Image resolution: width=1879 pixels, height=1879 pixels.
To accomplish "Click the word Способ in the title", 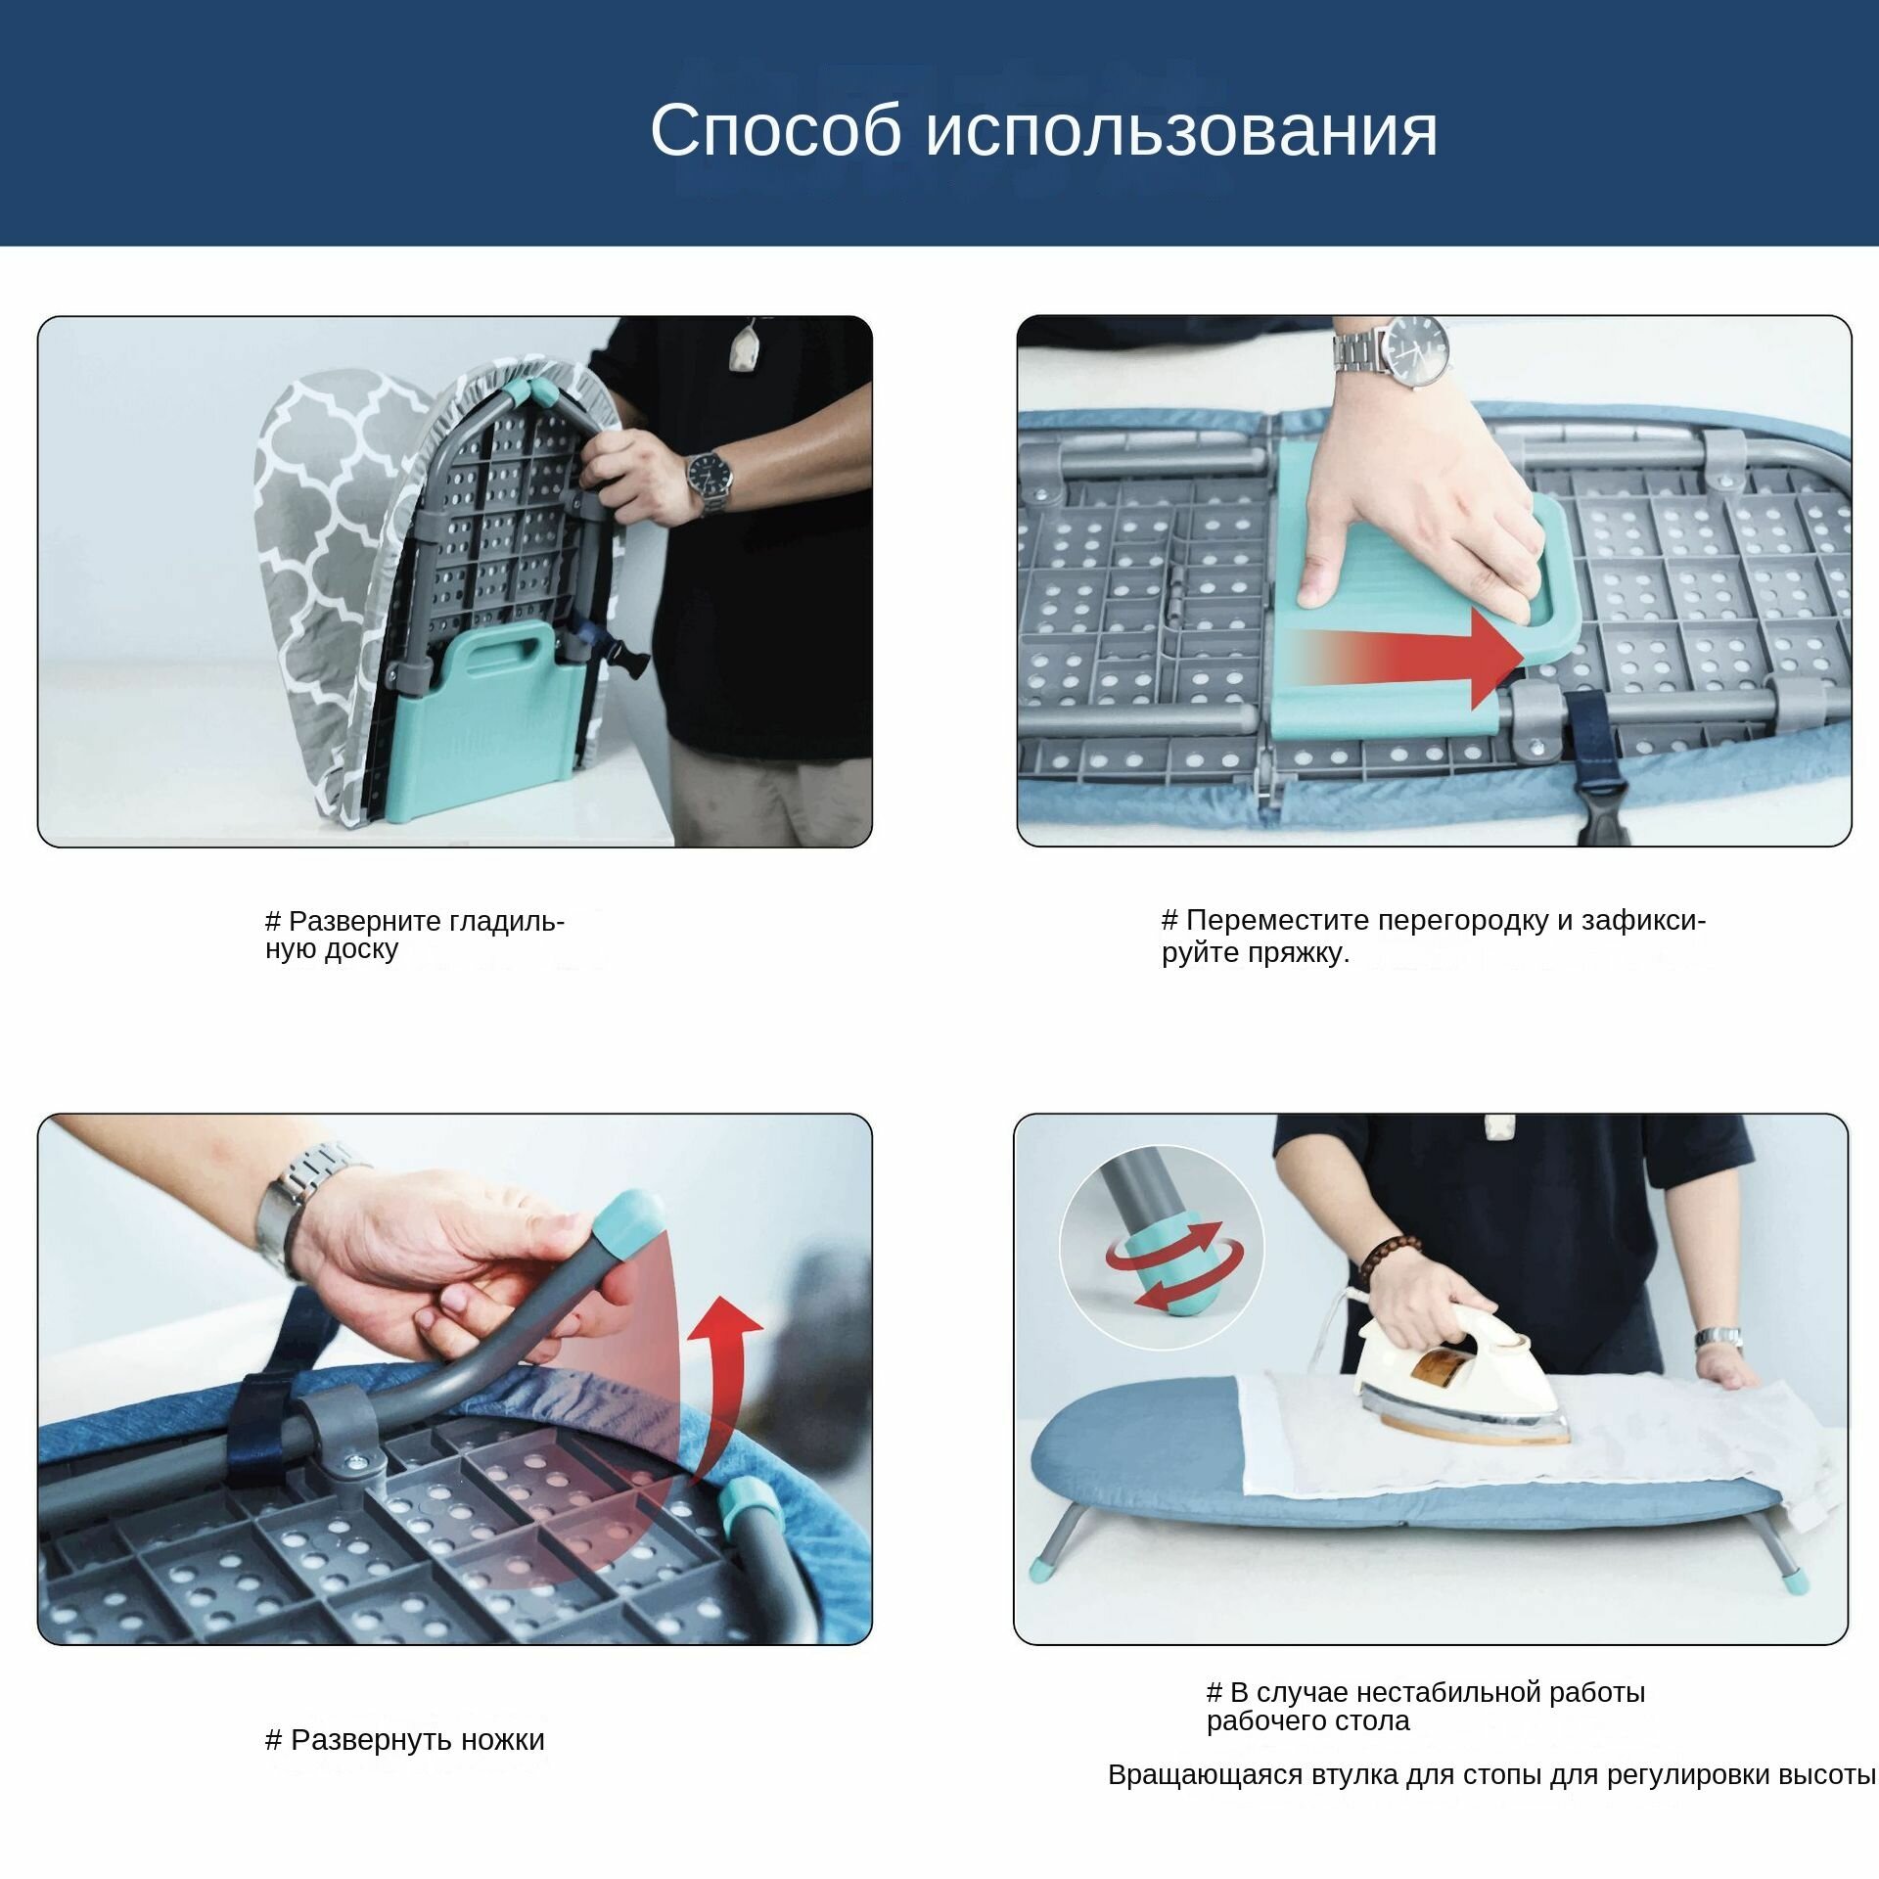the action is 776,131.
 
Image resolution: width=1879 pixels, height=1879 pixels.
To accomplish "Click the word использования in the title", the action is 1181,131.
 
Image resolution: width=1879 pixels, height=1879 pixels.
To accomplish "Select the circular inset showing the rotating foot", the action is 1162,1248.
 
